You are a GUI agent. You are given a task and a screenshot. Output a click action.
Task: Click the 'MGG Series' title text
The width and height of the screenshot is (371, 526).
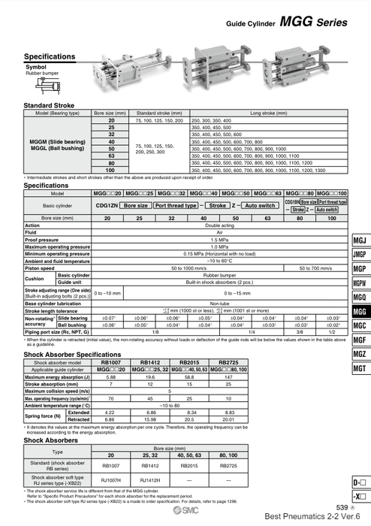[x=315, y=23]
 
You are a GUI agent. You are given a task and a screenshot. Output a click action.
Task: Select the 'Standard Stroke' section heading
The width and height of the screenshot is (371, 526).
[x=50, y=105]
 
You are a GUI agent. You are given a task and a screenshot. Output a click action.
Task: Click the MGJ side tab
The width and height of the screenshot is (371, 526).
[x=359, y=240]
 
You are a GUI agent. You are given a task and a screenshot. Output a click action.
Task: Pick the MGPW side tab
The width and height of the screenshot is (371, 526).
[x=359, y=283]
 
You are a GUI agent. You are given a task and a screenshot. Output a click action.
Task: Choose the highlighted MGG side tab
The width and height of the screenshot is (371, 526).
[x=359, y=311]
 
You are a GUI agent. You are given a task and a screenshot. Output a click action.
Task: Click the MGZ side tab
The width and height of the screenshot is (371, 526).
[x=359, y=354]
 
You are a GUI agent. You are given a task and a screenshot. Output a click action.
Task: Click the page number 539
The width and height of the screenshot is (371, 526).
[x=341, y=509]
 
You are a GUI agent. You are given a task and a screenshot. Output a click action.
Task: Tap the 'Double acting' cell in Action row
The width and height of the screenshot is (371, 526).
[x=219, y=225]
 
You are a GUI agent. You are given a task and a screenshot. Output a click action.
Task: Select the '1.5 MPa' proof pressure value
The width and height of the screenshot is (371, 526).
[x=219, y=240]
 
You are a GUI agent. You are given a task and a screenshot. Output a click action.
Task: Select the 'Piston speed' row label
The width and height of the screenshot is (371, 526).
[x=41, y=268]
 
